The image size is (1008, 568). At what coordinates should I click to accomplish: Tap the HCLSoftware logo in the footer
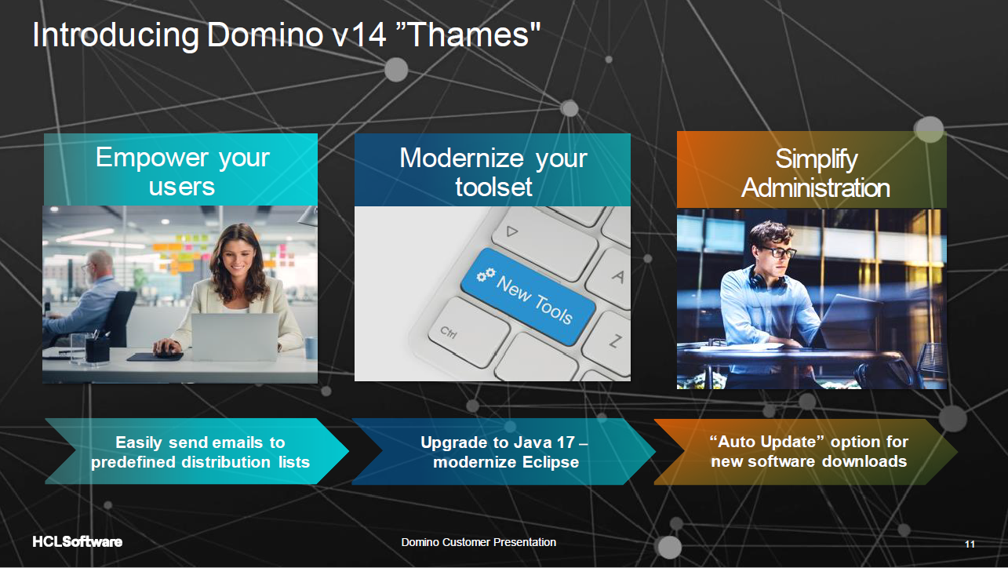point(77,542)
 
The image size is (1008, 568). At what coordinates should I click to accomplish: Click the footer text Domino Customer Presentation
point(479,542)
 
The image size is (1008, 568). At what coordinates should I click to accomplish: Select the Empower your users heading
point(182,171)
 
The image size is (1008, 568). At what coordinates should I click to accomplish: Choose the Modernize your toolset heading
point(493,172)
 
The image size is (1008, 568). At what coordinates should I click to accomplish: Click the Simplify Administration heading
point(815,173)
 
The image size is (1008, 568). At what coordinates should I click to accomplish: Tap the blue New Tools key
point(525,297)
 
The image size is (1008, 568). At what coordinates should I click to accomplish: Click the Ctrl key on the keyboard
point(452,332)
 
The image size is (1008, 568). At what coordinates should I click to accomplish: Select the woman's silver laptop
point(234,337)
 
